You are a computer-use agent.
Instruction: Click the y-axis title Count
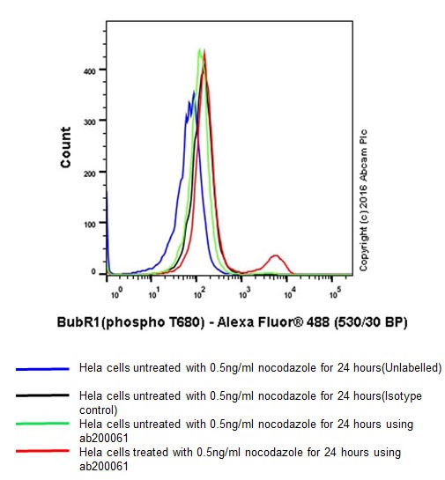(66, 147)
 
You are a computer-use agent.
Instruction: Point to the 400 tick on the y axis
(89, 70)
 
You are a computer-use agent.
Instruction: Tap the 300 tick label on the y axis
(89, 121)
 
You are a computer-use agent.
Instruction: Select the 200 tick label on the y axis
(89, 173)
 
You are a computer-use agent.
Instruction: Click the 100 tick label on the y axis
(89, 224)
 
